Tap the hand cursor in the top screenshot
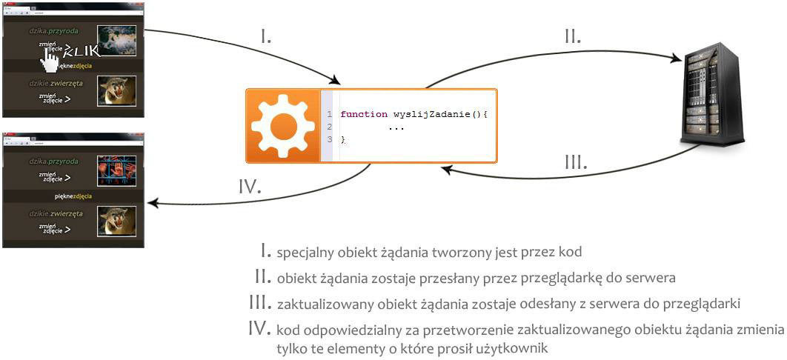pos(50,61)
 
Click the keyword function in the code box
pos(364,115)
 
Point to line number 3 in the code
pos(329,139)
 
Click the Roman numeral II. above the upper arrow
pos(572,37)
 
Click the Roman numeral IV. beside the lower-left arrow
pos(250,187)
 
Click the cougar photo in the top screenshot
pos(117,90)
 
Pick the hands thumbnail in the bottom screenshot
pos(117,170)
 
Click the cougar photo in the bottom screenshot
pos(117,221)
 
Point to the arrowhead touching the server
pos(678,58)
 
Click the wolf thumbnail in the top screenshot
pos(117,41)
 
